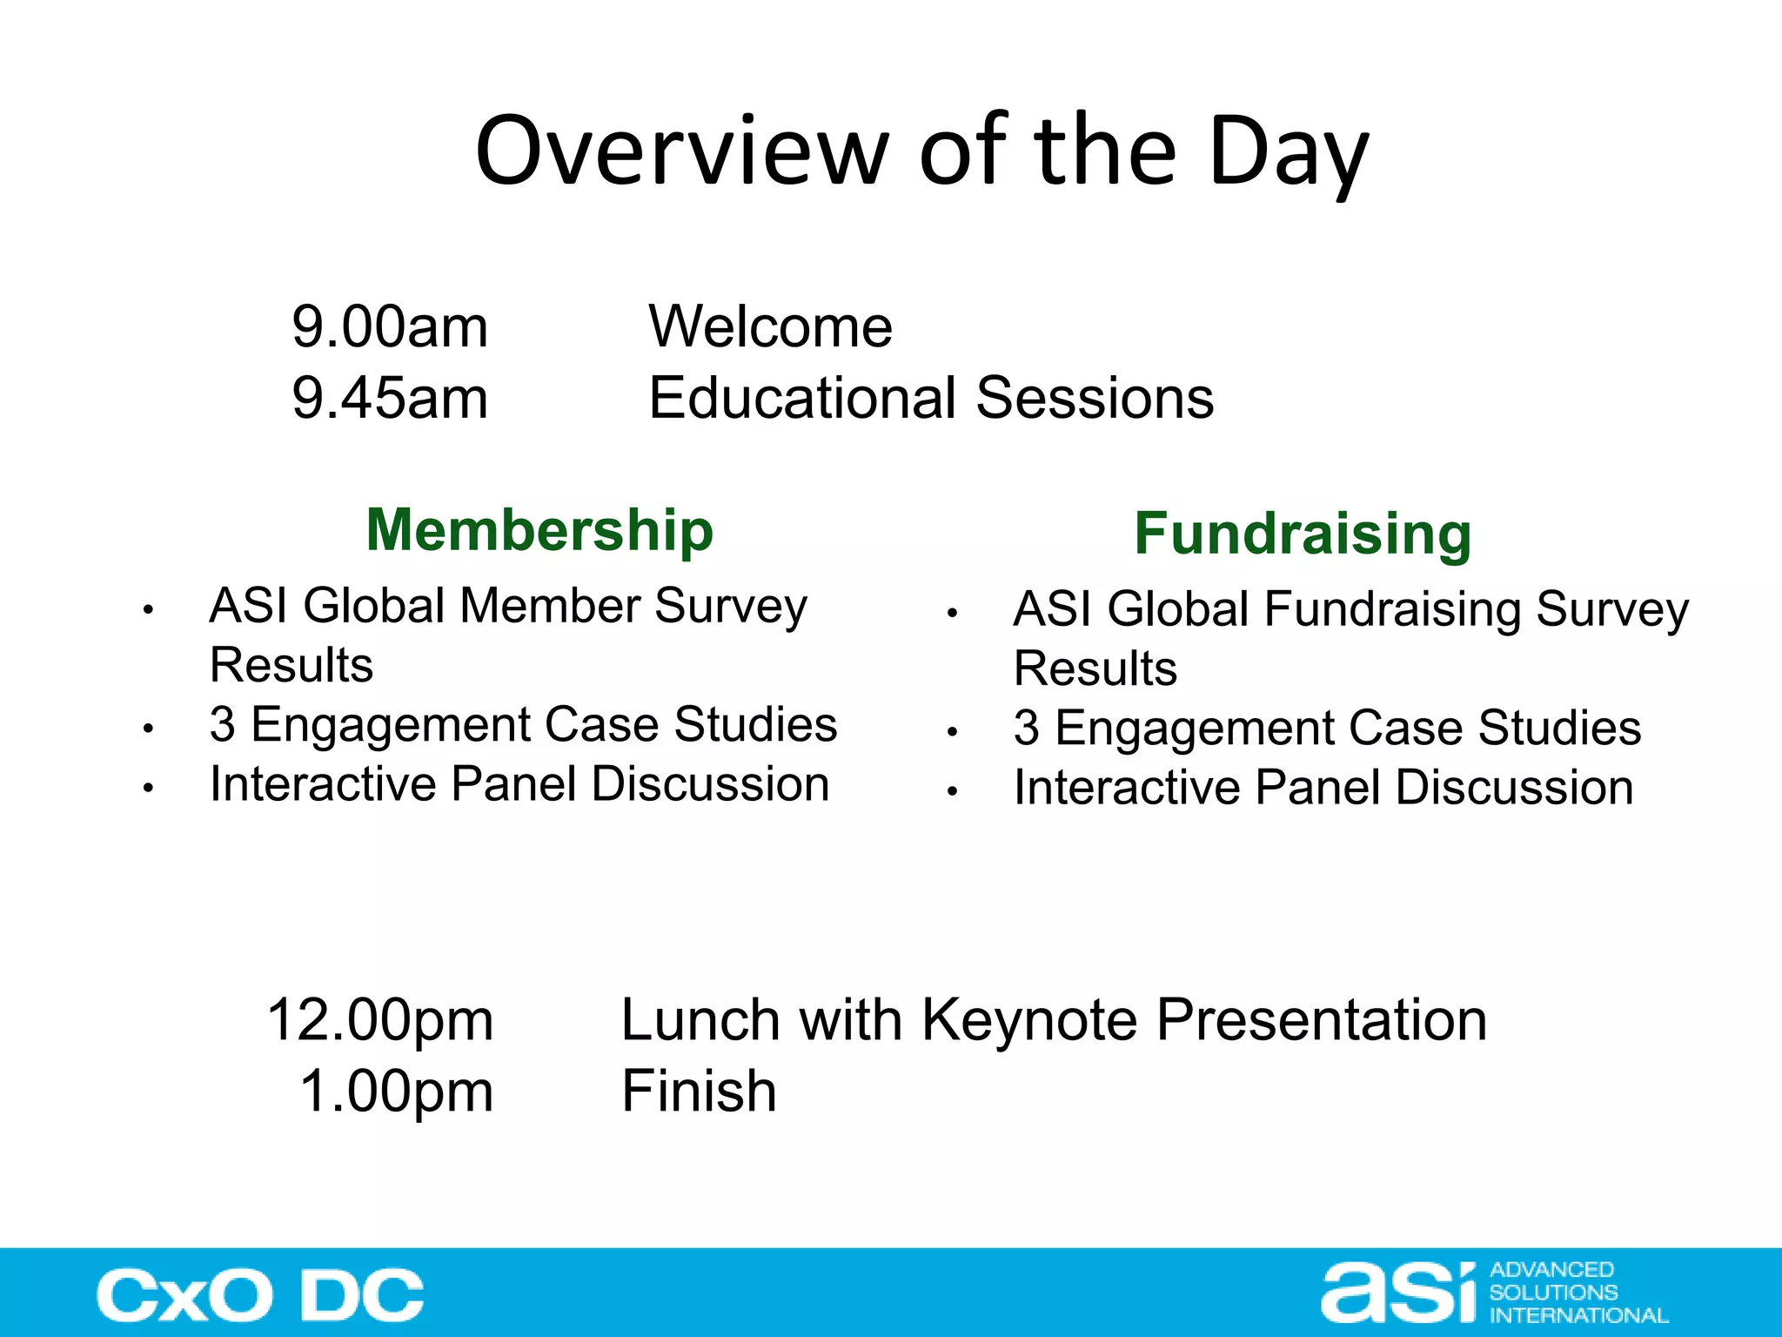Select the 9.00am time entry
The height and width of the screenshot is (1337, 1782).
(390, 327)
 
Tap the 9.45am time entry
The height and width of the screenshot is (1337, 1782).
(390, 399)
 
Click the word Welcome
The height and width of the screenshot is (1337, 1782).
(770, 327)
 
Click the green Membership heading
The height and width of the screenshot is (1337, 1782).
(539, 530)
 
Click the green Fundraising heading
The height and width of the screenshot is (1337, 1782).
(1303, 534)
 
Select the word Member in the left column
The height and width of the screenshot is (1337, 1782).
(550, 606)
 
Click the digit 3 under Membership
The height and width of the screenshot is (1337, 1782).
(223, 724)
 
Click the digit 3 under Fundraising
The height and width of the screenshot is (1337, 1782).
(1027, 728)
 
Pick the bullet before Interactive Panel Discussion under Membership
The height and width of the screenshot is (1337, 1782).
(149, 788)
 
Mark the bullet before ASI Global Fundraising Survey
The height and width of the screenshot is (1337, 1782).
(953, 614)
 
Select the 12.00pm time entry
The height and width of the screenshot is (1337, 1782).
(380, 1020)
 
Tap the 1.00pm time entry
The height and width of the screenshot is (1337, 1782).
(396, 1092)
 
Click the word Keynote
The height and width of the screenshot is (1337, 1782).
(1029, 1020)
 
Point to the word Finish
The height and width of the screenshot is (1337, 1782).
(699, 1092)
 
